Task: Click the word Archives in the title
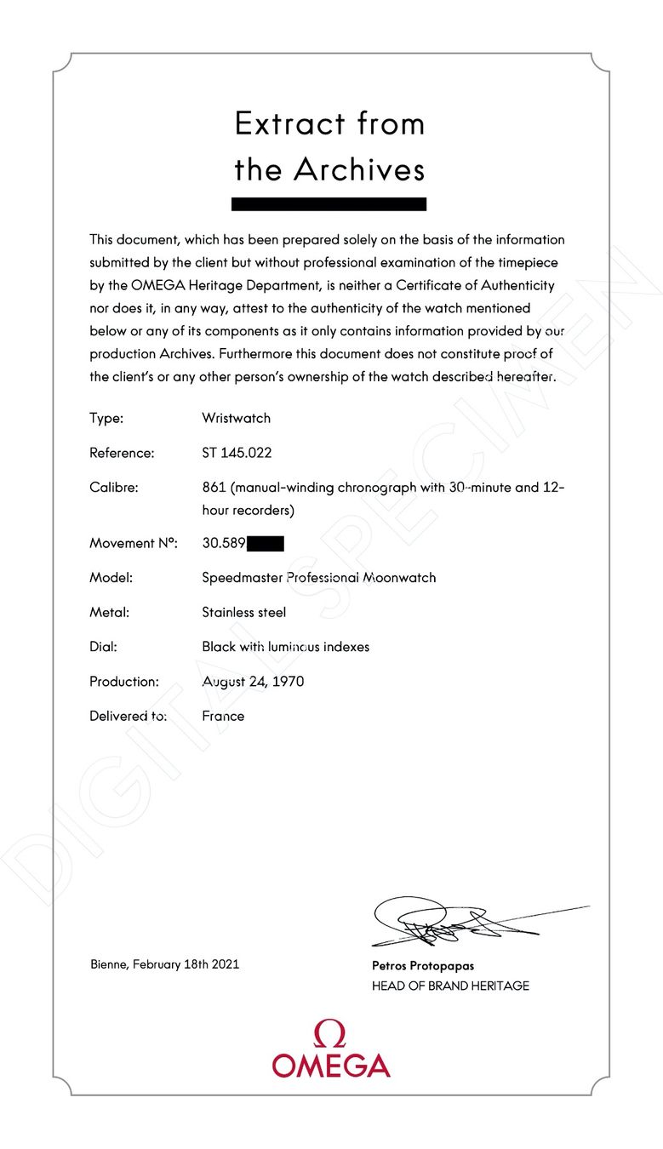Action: click(359, 169)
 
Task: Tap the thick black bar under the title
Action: click(329, 204)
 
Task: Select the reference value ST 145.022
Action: click(237, 453)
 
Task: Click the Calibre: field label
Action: click(113, 488)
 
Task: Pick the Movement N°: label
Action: click(133, 543)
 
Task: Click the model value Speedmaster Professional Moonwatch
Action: click(318, 578)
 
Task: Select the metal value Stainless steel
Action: click(243, 612)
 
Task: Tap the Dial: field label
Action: click(103, 647)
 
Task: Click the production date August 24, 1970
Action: click(253, 682)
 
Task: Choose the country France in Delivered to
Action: click(223, 716)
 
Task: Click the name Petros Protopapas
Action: click(423, 966)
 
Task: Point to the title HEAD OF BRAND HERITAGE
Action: click(450, 986)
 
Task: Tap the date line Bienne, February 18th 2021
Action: click(164, 964)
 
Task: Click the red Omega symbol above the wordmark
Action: click(330, 1033)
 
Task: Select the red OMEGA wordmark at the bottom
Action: click(331, 1065)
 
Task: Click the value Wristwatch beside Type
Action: click(236, 418)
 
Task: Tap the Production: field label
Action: click(124, 682)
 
